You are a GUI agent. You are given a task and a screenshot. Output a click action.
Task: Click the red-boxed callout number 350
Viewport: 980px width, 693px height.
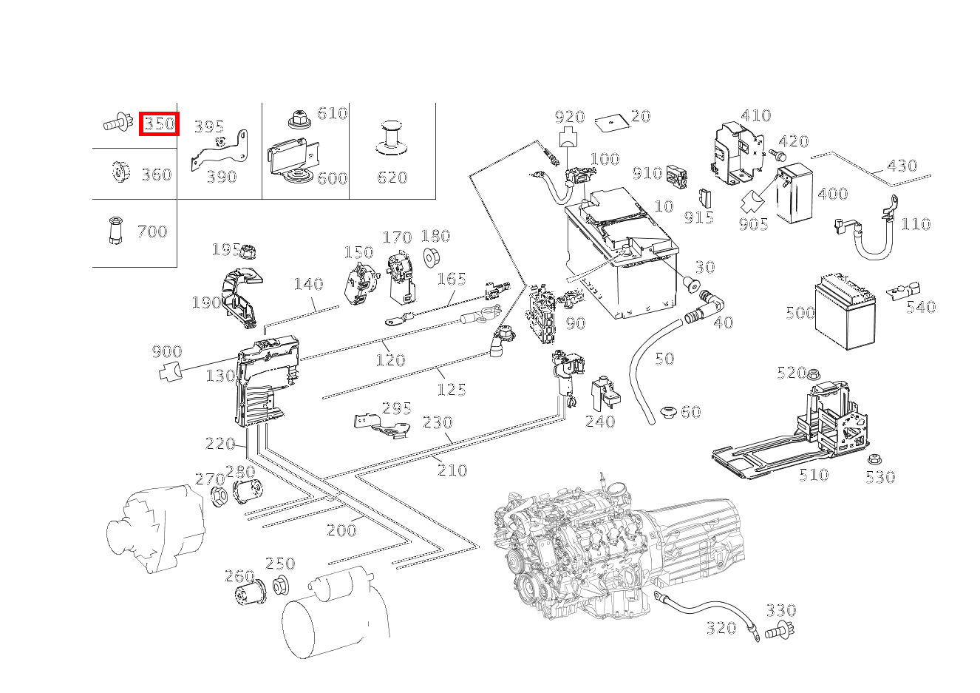pyautogui.click(x=159, y=124)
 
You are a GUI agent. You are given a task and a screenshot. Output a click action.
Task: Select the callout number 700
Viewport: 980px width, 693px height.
pyautogui.click(x=152, y=231)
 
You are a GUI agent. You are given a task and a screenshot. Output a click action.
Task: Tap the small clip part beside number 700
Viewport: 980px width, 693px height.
pyautogui.click(x=115, y=230)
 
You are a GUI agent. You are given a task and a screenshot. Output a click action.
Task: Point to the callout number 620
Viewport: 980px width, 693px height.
pyautogui.click(x=392, y=178)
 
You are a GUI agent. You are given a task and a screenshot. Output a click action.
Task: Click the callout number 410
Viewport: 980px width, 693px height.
pyautogui.click(x=755, y=115)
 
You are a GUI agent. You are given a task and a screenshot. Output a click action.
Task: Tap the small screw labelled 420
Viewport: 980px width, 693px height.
pyautogui.click(x=777, y=154)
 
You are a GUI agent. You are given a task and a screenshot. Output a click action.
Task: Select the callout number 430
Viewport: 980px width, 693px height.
pyautogui.click(x=902, y=166)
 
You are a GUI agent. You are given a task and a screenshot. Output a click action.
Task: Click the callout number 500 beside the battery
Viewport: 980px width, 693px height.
pyautogui.click(x=800, y=313)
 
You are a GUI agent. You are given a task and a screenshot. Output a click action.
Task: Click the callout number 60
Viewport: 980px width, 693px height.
pyautogui.click(x=691, y=411)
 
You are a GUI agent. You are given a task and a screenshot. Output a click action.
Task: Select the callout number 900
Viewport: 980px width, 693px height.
pyautogui.click(x=167, y=351)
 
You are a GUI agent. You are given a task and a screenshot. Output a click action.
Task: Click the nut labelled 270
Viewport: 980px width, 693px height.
pyautogui.click(x=220, y=497)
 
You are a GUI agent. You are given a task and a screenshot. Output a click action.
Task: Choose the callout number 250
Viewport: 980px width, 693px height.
pyautogui.click(x=280, y=563)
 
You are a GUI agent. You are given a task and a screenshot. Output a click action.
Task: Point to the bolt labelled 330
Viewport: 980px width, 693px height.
pyautogui.click(x=780, y=630)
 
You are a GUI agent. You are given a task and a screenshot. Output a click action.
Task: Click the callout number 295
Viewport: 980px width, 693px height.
pyautogui.click(x=396, y=408)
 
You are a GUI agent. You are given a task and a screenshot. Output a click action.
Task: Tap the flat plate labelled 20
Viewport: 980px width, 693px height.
pyautogui.click(x=613, y=123)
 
